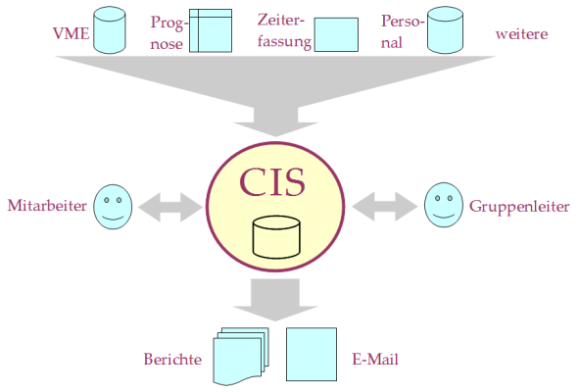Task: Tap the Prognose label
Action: (167, 32)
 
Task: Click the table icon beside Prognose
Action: (210, 30)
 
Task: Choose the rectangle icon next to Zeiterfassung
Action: (336, 33)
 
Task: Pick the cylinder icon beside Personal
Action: (446, 30)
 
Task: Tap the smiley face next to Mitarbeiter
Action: (113, 207)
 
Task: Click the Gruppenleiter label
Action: (510, 207)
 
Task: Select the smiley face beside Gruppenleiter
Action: (443, 205)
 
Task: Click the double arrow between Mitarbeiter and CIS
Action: (167, 207)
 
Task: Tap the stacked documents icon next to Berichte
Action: (241, 354)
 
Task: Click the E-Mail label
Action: (374, 360)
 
